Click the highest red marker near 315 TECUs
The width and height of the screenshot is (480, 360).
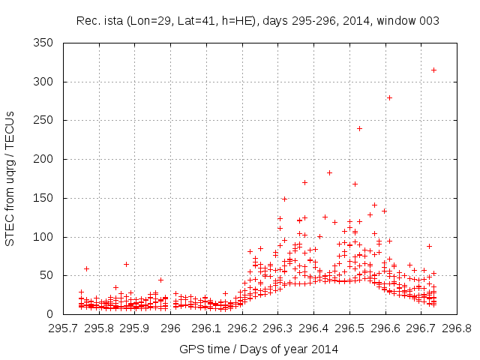(x=433, y=70)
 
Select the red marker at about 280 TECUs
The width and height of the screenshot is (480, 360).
(x=389, y=97)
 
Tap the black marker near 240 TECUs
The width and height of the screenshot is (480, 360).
(x=359, y=128)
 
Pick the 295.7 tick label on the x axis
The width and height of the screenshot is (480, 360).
(x=63, y=328)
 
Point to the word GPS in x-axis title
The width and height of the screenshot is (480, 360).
(x=190, y=349)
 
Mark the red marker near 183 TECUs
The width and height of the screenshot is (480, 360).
(x=329, y=172)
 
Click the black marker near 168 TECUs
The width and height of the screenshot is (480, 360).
(x=355, y=184)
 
